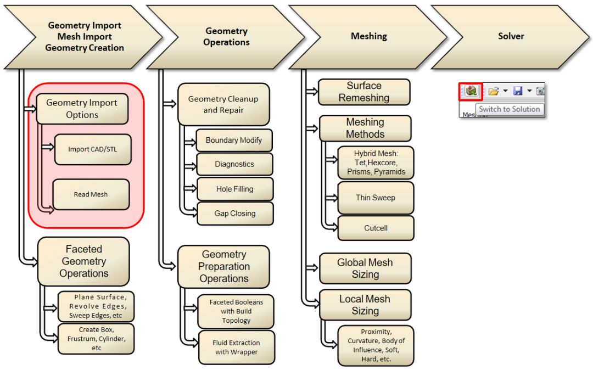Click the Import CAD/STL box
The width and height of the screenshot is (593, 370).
(93, 149)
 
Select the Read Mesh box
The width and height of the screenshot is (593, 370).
(91, 194)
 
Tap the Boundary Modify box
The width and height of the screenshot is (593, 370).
(234, 141)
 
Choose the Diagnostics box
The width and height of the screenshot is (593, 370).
(234, 164)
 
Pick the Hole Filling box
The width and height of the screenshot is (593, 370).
(234, 189)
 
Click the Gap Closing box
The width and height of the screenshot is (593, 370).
(234, 214)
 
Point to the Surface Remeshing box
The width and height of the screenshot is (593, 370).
(364, 92)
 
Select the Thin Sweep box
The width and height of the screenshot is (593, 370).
(376, 198)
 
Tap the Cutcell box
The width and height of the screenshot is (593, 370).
(376, 228)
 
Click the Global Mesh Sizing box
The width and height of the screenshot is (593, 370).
(365, 268)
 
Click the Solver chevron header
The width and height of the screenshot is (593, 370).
(511, 37)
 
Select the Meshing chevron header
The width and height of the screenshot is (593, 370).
(369, 37)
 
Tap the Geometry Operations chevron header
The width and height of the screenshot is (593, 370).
(226, 37)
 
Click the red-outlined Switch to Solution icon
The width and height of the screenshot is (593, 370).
(471, 91)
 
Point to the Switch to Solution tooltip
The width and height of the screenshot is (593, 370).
(510, 109)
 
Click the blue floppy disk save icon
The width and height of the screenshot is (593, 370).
(517, 91)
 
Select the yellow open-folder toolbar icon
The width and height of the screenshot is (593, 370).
(494, 91)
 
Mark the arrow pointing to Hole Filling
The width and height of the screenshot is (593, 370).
(189, 188)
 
